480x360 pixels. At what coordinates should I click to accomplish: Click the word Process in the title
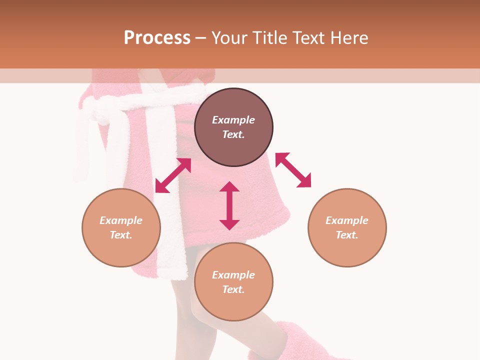[157, 38]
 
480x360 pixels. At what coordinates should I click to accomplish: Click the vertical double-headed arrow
[229, 205]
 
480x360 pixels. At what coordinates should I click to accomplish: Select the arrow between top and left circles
[173, 175]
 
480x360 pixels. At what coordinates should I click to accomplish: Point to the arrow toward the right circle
[293, 170]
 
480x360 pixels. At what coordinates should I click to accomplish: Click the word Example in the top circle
[233, 120]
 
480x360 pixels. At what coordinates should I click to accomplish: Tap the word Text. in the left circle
[121, 235]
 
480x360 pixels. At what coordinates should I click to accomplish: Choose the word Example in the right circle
[347, 220]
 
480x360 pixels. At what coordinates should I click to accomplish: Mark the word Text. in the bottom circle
[233, 289]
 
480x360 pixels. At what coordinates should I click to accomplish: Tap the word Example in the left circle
[121, 220]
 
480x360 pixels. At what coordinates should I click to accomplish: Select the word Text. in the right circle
[347, 235]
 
